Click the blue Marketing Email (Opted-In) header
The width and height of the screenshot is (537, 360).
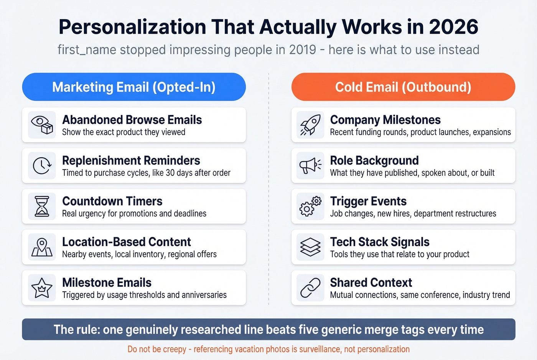click(134, 87)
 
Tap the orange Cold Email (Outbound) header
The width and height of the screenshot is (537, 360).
click(403, 87)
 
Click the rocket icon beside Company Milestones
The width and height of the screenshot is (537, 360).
click(310, 125)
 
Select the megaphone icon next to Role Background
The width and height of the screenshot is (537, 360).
click(310, 166)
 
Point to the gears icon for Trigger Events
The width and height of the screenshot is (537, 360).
click(310, 206)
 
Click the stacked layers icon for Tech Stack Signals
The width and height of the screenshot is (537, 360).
click(310, 247)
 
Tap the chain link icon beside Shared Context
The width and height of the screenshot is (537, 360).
click(310, 288)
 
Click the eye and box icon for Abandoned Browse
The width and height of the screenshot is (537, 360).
click(42, 125)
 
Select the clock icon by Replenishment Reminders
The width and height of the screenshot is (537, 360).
click(42, 166)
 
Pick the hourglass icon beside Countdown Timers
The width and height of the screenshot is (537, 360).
click(42, 206)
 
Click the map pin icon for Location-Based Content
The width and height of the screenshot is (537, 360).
click(42, 247)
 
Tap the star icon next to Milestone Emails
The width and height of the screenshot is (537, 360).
click(42, 288)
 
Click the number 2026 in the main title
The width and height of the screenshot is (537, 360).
click(453, 27)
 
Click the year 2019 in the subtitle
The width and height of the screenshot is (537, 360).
click(303, 50)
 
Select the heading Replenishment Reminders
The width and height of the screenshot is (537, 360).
click(131, 160)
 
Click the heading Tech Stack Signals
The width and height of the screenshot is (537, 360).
click(380, 242)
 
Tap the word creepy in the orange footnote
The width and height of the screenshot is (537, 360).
click(174, 349)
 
